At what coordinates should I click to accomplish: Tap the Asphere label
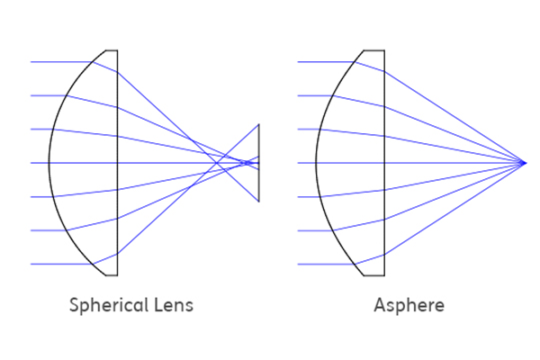click(x=409, y=305)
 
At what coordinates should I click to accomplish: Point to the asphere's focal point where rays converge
click(x=525, y=163)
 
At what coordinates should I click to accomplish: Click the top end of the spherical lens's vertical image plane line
click(x=259, y=124)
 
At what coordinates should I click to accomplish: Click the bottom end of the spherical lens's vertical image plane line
click(x=259, y=202)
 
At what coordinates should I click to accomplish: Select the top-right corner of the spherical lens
click(x=117, y=50)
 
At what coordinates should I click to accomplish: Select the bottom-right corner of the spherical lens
click(x=117, y=275)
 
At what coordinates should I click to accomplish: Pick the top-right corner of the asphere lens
click(x=384, y=50)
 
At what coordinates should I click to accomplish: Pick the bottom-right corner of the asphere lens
click(x=384, y=275)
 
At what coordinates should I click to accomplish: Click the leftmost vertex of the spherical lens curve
click(x=49, y=163)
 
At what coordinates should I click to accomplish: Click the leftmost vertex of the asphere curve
click(x=316, y=163)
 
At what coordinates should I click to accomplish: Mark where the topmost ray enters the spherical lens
click(x=93, y=62)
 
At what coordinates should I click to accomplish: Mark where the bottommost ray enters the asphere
click(x=355, y=265)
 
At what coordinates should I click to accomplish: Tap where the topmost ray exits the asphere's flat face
click(x=384, y=72)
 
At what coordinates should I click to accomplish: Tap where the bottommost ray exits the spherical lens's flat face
click(x=117, y=254)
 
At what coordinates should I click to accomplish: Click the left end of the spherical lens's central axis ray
click(x=31, y=163)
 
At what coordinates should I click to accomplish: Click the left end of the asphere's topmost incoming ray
click(x=298, y=62)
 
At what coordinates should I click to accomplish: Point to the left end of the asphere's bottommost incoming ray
click(x=298, y=265)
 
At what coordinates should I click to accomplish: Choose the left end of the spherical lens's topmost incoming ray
click(x=31, y=62)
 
